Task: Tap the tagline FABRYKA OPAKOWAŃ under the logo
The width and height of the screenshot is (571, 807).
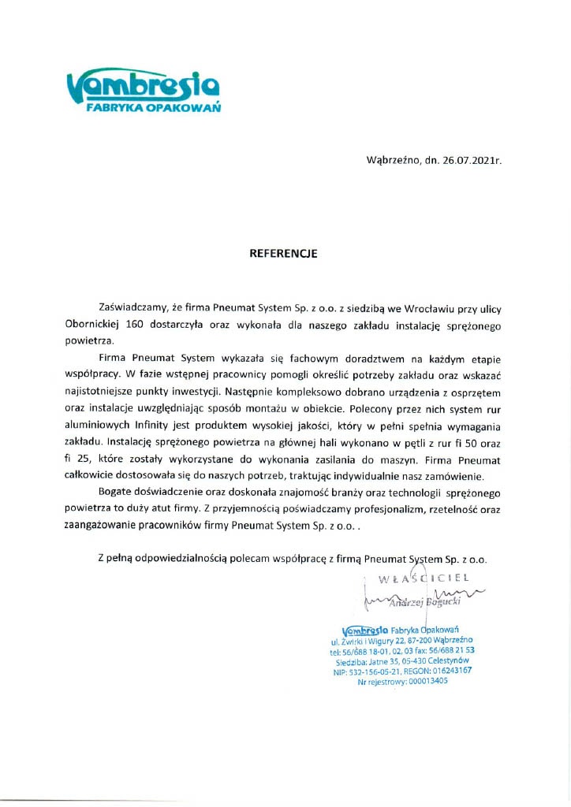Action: coord(153,108)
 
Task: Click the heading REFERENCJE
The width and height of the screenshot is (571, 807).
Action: coord(283,254)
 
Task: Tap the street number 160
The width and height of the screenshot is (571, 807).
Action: coord(135,323)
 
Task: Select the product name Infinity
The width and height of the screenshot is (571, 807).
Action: coord(153,426)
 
